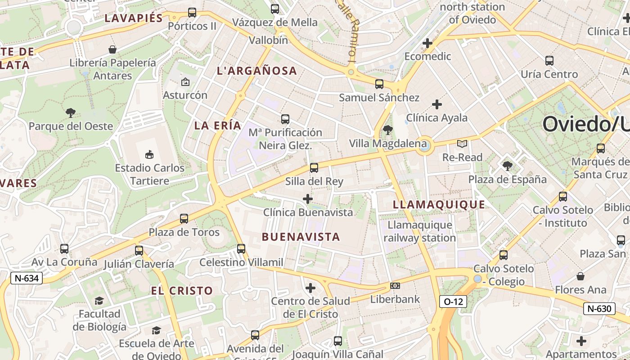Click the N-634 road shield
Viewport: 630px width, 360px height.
27,278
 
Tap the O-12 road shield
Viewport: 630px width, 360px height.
453,301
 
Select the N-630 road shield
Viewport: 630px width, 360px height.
599,309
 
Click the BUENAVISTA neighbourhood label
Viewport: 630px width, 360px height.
301,237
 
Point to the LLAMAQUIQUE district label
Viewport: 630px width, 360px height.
439,205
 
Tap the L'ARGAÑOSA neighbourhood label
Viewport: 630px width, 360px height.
257,71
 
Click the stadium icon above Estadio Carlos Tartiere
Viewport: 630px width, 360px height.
149,155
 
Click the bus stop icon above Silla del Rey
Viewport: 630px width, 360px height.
314,168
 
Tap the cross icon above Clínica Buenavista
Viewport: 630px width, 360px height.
308,198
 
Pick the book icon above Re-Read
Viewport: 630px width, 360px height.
462,144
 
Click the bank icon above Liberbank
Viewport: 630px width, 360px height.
395,286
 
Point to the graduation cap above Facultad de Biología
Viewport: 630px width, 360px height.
99,300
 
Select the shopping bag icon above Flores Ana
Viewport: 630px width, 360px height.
580,276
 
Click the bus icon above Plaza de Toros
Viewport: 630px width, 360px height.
184,219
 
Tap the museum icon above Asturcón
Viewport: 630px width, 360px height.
185,82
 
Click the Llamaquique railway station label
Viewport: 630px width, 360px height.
419,231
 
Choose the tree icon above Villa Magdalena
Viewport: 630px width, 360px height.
387,130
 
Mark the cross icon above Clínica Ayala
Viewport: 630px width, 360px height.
436,104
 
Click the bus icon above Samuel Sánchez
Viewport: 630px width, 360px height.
379,84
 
